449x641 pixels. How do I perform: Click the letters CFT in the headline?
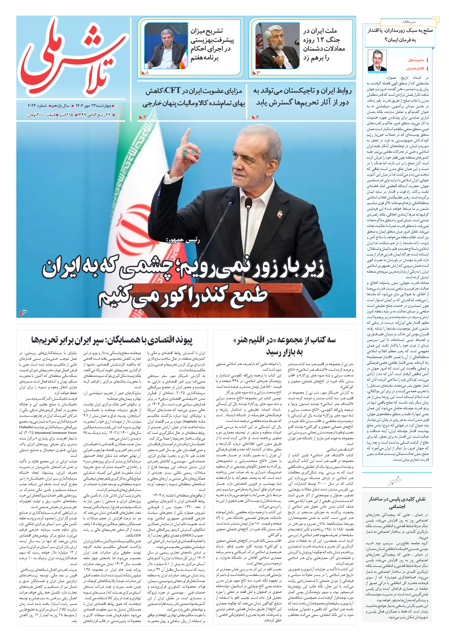173,90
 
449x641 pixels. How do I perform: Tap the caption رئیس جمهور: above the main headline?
183,240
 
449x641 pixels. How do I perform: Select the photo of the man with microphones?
166,45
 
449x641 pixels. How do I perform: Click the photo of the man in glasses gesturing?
277,45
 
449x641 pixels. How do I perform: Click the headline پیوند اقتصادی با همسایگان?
112,340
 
